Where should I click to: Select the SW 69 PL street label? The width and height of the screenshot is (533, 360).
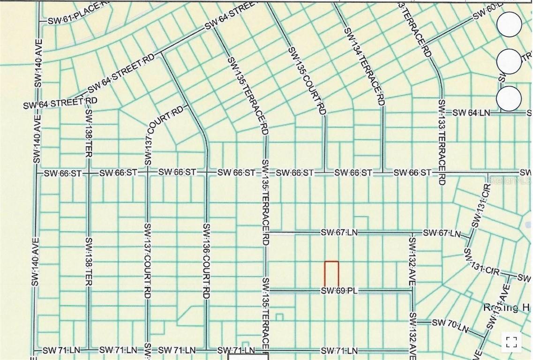[339, 291]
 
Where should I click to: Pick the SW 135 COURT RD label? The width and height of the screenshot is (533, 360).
[307, 81]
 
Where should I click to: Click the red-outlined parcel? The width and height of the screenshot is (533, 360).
[331, 274]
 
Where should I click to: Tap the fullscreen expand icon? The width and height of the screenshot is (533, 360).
[511, 343]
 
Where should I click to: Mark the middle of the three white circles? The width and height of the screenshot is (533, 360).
[509, 61]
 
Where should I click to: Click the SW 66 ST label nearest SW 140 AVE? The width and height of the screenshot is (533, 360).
[63, 173]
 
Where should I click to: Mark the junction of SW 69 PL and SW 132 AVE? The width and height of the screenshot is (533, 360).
[412, 291]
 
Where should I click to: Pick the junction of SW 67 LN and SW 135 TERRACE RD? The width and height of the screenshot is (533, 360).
[266, 232]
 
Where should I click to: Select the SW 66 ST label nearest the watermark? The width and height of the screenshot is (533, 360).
[413, 173]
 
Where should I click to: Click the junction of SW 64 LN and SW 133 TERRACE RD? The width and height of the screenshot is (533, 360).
[441, 112]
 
